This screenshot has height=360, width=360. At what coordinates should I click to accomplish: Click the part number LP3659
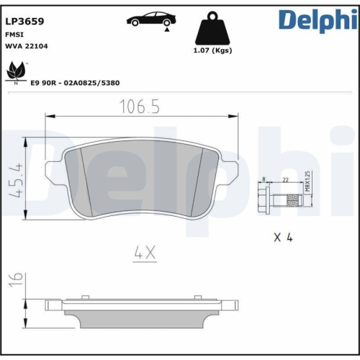25,22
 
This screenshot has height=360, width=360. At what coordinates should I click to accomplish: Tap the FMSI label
14,34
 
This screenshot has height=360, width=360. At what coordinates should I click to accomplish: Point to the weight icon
212,30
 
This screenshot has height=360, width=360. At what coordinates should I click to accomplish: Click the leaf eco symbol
16,73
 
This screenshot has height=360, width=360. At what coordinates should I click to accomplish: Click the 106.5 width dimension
140,107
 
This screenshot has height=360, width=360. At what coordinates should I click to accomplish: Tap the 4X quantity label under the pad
145,253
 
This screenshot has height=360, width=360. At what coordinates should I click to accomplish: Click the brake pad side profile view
140,310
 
